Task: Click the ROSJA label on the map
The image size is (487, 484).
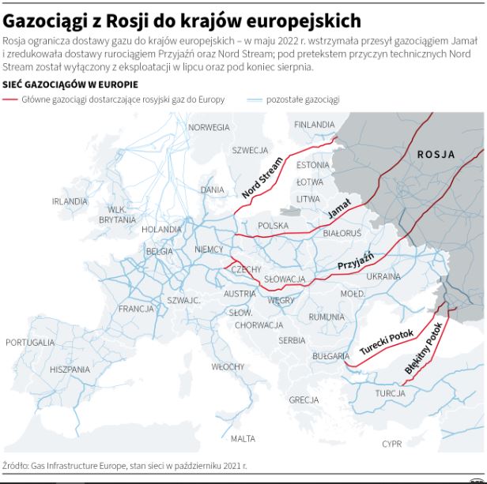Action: click(x=436, y=154)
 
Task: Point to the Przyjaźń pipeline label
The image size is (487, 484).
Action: click(x=355, y=264)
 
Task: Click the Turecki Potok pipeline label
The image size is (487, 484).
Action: click(x=387, y=340)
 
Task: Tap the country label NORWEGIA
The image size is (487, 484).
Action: click(x=209, y=127)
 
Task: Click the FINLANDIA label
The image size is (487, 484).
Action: click(x=314, y=125)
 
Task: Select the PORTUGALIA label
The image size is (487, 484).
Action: click(x=30, y=343)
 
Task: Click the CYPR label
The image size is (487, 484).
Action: click(x=392, y=444)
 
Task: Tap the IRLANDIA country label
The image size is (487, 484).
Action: click(x=70, y=201)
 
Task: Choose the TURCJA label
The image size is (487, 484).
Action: click(x=391, y=393)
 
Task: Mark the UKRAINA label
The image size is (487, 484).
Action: click(x=384, y=276)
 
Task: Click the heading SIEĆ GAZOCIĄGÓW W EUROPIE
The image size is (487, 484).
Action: click(x=66, y=84)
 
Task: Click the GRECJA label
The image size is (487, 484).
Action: click(x=304, y=400)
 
